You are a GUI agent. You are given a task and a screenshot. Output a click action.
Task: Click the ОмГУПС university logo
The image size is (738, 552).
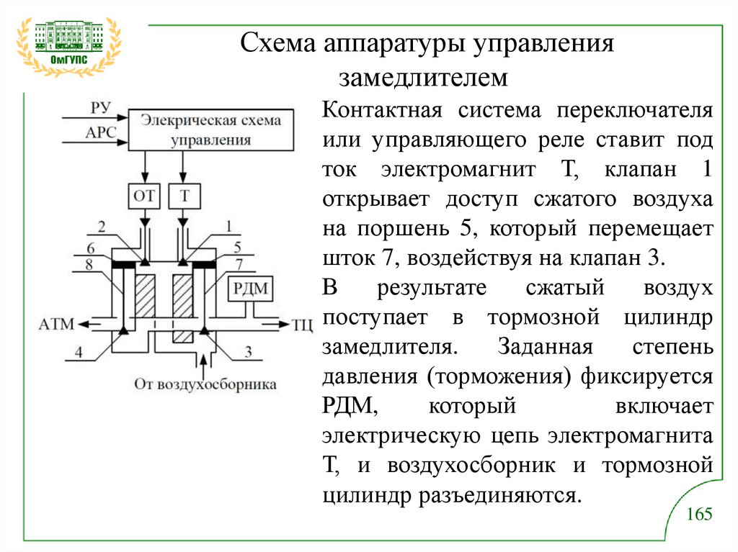69,45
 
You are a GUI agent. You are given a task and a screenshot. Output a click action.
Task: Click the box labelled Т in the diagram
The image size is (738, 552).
184,196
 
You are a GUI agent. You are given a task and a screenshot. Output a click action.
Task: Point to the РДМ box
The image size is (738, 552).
249,290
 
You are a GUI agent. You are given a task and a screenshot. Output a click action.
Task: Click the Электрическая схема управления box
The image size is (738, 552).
210,130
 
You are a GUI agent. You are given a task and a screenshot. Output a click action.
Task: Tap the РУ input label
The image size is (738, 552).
100,109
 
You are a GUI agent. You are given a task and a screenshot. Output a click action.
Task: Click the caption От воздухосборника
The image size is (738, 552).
205,384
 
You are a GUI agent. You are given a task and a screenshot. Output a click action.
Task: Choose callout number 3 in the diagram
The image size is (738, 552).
248,352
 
